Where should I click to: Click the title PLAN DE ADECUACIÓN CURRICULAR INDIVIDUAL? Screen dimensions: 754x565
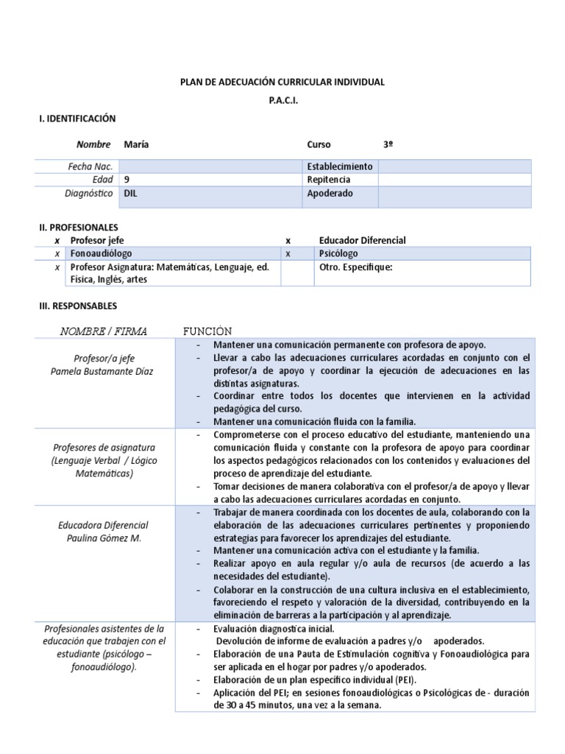tap(282, 82)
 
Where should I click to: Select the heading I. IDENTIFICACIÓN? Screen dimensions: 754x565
tap(77, 119)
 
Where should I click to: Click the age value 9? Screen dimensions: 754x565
tap(128, 180)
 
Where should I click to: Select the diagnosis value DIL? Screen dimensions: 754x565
tap(132, 194)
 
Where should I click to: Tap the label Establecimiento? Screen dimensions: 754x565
tap(340, 166)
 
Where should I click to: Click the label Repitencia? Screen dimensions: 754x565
tap(328, 180)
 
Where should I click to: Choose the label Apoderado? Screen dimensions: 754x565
tap(330, 194)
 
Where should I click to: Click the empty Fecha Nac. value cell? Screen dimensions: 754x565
tap(210, 166)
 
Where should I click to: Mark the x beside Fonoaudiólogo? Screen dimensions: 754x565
tap(57, 253)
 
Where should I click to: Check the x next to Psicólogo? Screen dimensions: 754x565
tap(288, 253)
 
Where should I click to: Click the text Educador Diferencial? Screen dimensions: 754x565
tap(362, 240)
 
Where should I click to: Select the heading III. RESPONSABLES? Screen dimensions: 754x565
tap(77, 306)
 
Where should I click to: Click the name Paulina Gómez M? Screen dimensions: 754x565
tap(104, 538)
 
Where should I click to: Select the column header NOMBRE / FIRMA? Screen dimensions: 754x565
tap(103, 331)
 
